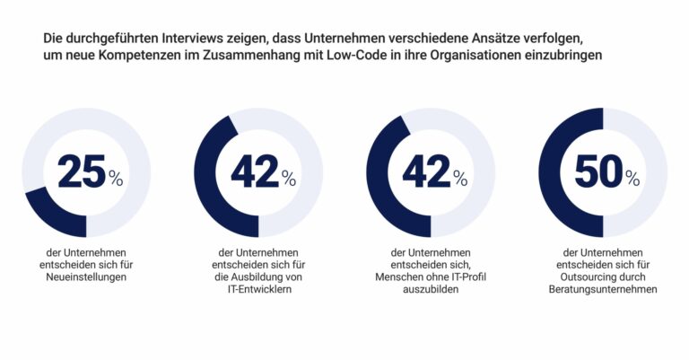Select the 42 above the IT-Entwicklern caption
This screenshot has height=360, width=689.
(254, 173)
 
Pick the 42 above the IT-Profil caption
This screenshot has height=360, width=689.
(425, 173)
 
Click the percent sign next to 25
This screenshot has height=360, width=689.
(116, 179)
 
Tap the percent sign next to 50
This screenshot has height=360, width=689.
(632, 179)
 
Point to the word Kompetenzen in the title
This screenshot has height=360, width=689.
(134, 55)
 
